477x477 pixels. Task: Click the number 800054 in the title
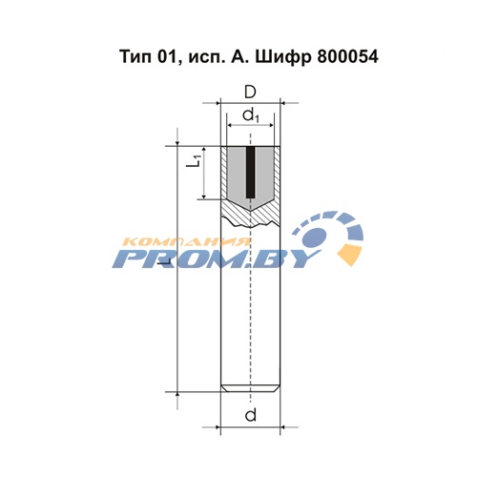click(x=347, y=57)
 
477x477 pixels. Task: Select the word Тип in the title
click(x=135, y=57)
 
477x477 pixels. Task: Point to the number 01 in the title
click(x=167, y=57)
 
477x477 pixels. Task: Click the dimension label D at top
click(x=250, y=93)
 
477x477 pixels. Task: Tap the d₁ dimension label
click(x=251, y=115)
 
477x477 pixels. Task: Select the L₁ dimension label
click(x=194, y=159)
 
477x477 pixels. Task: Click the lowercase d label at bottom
click(x=251, y=415)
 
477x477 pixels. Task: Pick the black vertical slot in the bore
click(x=251, y=172)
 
